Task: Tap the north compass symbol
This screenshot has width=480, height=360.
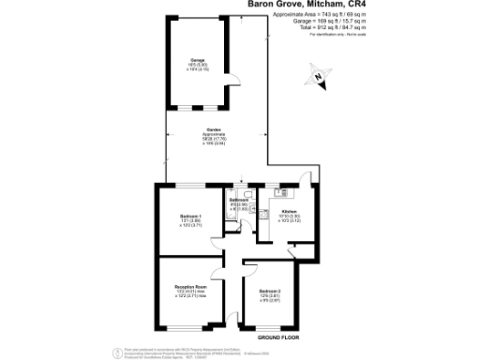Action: coord(322,80)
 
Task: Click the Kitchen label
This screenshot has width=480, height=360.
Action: coord(289,215)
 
